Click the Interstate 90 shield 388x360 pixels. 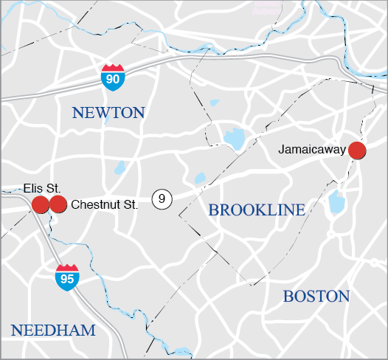pos(113,77)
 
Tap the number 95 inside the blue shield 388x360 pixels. pos(67,280)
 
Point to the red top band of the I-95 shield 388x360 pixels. pos(67,269)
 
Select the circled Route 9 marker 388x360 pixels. pos(162,198)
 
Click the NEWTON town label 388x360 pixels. pos(108,113)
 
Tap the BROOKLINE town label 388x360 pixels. pos(257,210)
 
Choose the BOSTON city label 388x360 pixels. pos(316,297)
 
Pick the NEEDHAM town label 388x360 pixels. pos(53,330)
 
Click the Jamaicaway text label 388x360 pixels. pos(312,150)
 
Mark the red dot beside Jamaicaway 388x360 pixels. pos(357,150)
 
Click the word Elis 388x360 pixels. pos(32,189)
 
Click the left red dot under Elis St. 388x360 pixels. pos(41,204)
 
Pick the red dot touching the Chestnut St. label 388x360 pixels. pos(58,204)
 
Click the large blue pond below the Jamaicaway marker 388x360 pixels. pos(337,201)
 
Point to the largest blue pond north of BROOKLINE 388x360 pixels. pos(234,138)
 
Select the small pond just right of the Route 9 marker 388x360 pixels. pos(199,179)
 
